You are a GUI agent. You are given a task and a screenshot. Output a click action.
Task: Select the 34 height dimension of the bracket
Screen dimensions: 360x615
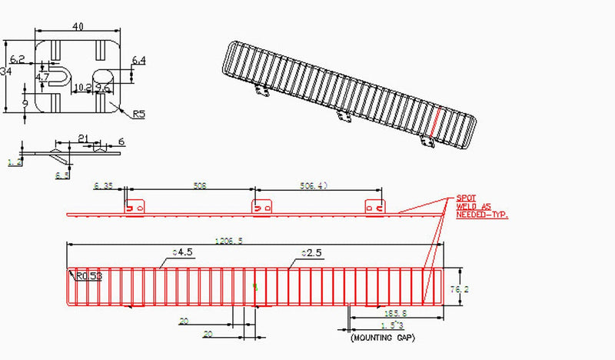click(x=7, y=72)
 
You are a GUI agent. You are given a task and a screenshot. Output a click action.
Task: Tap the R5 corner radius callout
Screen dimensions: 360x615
click(x=139, y=115)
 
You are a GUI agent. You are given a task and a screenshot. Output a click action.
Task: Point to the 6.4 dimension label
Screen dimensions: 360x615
click(x=139, y=60)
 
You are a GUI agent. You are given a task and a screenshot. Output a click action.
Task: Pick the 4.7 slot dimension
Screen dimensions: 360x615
click(x=42, y=77)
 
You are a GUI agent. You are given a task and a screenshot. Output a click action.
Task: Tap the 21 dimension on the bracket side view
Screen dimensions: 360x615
click(x=83, y=138)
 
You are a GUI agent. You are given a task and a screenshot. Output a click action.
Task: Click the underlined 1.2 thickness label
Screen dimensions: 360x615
click(x=14, y=162)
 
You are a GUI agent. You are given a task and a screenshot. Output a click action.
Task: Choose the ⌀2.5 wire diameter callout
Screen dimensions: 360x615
click(x=310, y=252)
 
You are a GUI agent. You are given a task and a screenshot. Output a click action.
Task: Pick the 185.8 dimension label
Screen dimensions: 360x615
click(x=397, y=314)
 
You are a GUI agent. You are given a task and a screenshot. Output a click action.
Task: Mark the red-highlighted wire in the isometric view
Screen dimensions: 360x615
click(x=435, y=128)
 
